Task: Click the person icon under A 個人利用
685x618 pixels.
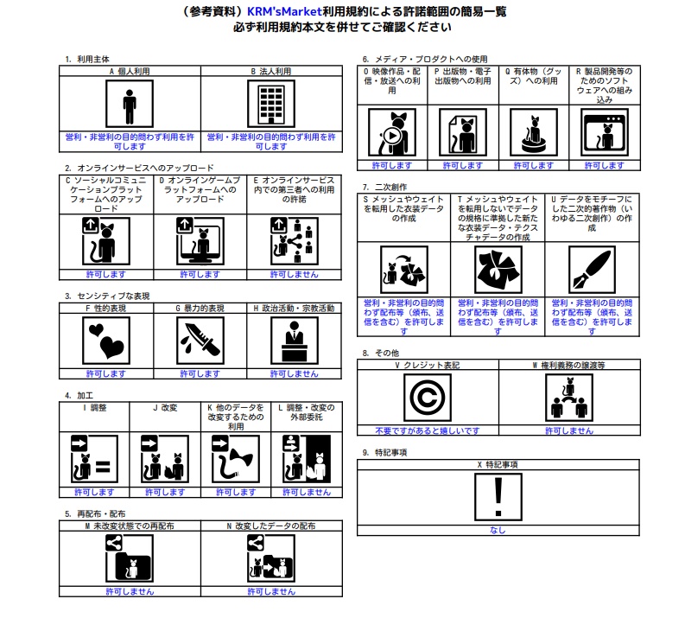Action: (x=130, y=105)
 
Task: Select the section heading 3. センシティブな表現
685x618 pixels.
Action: (x=106, y=296)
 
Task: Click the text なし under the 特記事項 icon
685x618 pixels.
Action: (x=498, y=530)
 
